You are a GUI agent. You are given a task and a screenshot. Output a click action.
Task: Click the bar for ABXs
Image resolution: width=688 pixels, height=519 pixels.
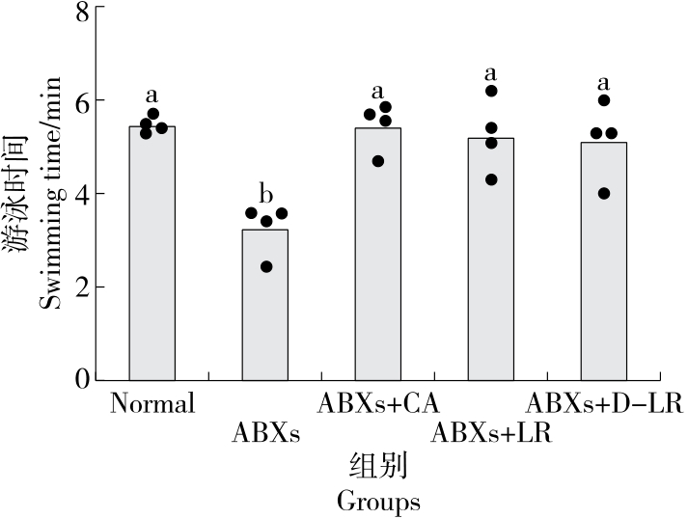(x=265, y=304)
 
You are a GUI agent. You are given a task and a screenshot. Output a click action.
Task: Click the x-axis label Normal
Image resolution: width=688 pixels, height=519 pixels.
(x=152, y=403)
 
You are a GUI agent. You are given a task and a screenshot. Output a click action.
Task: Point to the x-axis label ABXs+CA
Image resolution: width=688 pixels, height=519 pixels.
(x=378, y=403)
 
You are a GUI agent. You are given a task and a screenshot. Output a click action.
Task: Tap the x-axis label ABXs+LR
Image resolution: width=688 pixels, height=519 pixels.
(x=491, y=433)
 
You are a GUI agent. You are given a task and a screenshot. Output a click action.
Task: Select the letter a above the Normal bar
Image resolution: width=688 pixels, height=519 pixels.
(x=152, y=95)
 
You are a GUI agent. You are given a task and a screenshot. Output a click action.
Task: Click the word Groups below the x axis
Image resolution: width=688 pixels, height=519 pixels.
(x=378, y=502)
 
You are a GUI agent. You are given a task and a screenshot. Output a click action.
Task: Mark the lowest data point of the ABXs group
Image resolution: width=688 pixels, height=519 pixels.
(x=266, y=266)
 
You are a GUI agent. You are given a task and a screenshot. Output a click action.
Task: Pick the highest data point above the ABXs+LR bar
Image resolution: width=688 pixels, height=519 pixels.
(x=491, y=91)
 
